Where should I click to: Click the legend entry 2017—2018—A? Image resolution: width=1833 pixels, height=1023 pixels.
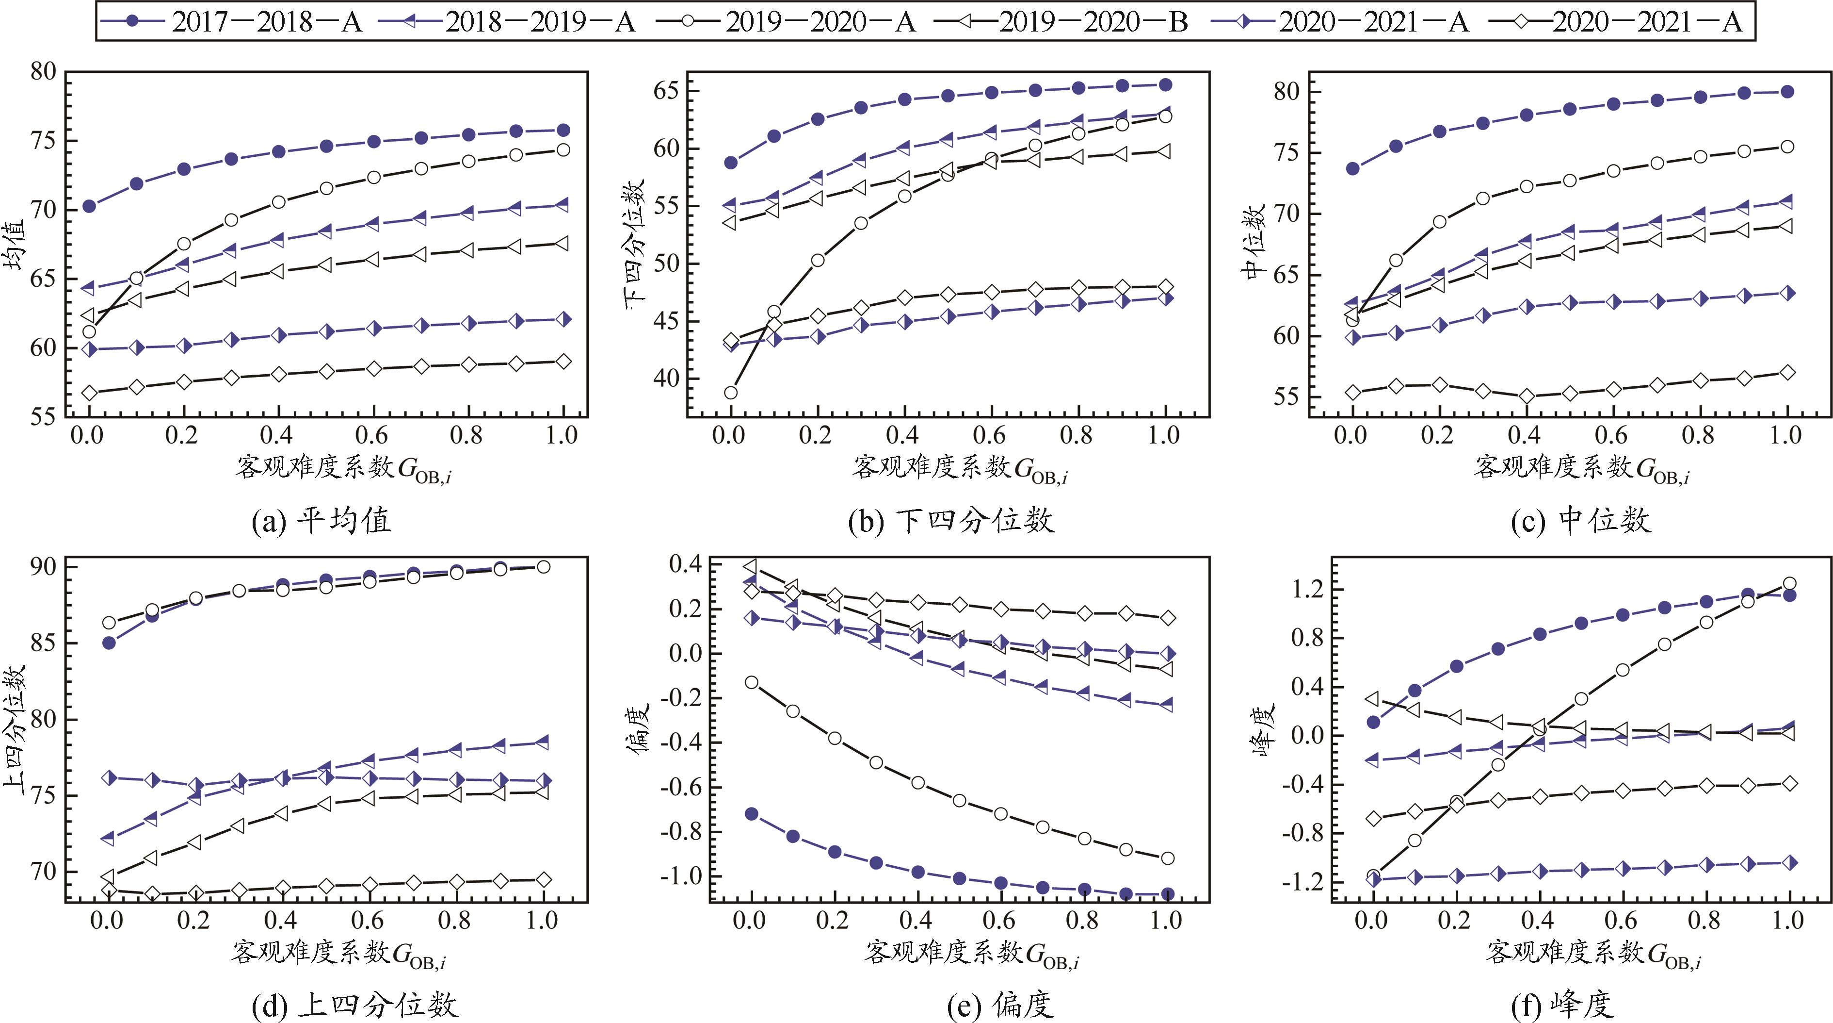click(x=231, y=22)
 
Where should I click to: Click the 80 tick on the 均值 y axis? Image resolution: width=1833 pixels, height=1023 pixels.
click(x=44, y=72)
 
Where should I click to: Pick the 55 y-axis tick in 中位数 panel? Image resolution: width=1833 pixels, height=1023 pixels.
click(x=1286, y=397)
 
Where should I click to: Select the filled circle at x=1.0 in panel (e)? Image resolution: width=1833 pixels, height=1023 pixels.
click(x=1167, y=894)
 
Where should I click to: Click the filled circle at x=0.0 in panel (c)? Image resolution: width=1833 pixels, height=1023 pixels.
click(x=1353, y=169)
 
